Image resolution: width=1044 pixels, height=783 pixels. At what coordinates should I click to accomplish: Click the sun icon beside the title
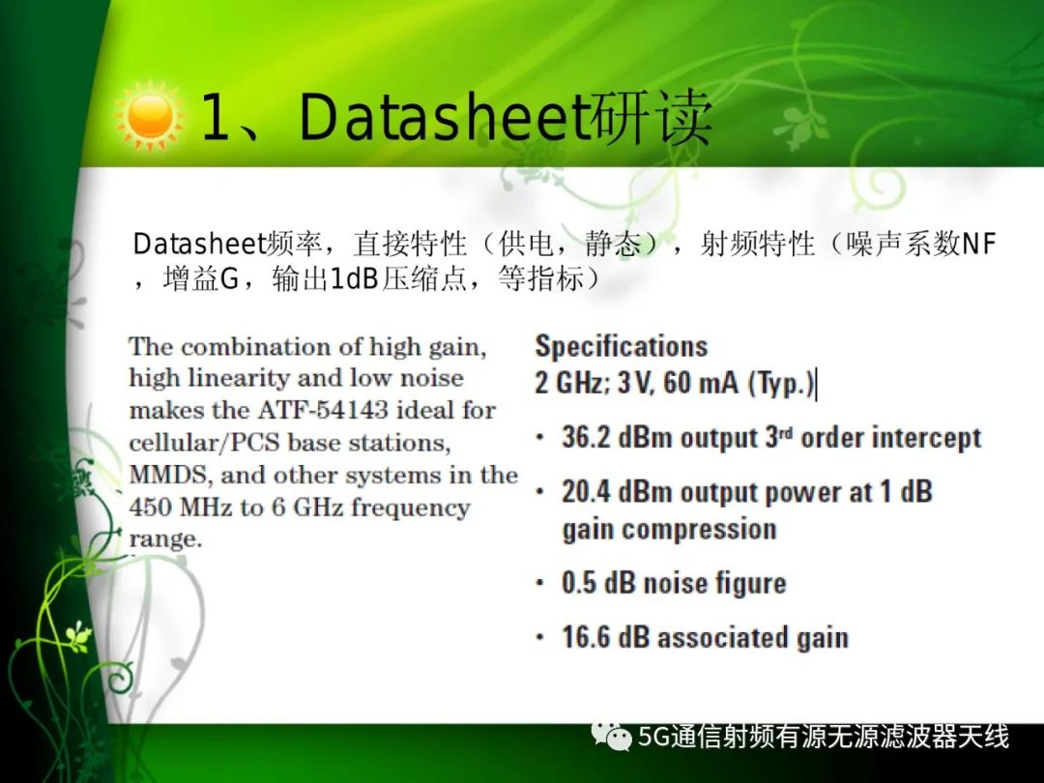pos(149,116)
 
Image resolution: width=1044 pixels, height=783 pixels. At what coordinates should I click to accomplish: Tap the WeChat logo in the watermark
pos(611,737)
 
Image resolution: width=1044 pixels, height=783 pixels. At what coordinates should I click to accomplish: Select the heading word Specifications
pos(622,346)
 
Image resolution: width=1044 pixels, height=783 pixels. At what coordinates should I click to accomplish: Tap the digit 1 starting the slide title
pos(215,117)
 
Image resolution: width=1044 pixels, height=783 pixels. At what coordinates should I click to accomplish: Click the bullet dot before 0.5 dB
pos(540,584)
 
